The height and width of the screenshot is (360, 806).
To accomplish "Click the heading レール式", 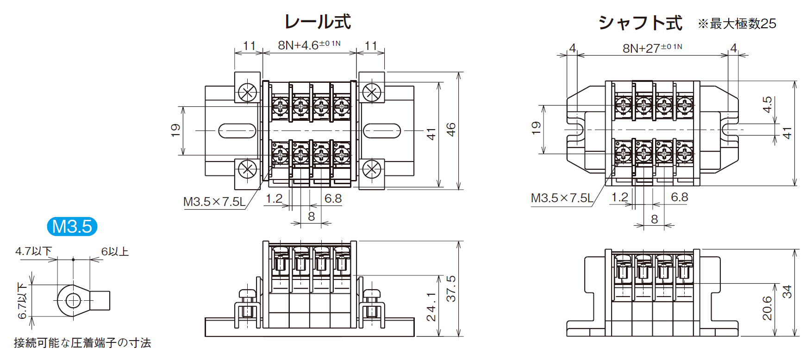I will click(x=318, y=22).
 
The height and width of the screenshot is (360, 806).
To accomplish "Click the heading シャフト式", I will click(x=640, y=23).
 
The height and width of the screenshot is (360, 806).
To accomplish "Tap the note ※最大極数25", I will click(x=737, y=24).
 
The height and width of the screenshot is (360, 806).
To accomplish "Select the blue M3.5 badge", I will click(x=72, y=226).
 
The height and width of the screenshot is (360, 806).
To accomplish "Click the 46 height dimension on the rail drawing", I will click(x=451, y=130).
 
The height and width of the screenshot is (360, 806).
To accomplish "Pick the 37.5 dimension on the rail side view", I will click(x=451, y=289).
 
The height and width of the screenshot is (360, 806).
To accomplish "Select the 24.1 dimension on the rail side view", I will click(x=431, y=306).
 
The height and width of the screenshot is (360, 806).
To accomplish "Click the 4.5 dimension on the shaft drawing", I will click(x=768, y=105).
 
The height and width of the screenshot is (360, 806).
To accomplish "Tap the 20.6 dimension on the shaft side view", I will click(x=768, y=308).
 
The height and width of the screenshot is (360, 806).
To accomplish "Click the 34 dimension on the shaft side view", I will click(x=787, y=292).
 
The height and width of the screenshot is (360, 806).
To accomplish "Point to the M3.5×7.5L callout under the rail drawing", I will click(x=214, y=202).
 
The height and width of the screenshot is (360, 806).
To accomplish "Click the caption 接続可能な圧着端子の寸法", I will click(x=82, y=343).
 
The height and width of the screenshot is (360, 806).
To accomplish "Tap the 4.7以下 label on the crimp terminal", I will click(x=33, y=251).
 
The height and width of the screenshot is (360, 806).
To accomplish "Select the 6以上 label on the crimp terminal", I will click(x=115, y=251).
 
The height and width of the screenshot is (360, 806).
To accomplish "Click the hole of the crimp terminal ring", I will click(x=73, y=301).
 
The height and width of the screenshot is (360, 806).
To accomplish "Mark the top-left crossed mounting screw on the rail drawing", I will click(x=248, y=93).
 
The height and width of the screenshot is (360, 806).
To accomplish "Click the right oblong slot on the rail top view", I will click(x=382, y=131).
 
